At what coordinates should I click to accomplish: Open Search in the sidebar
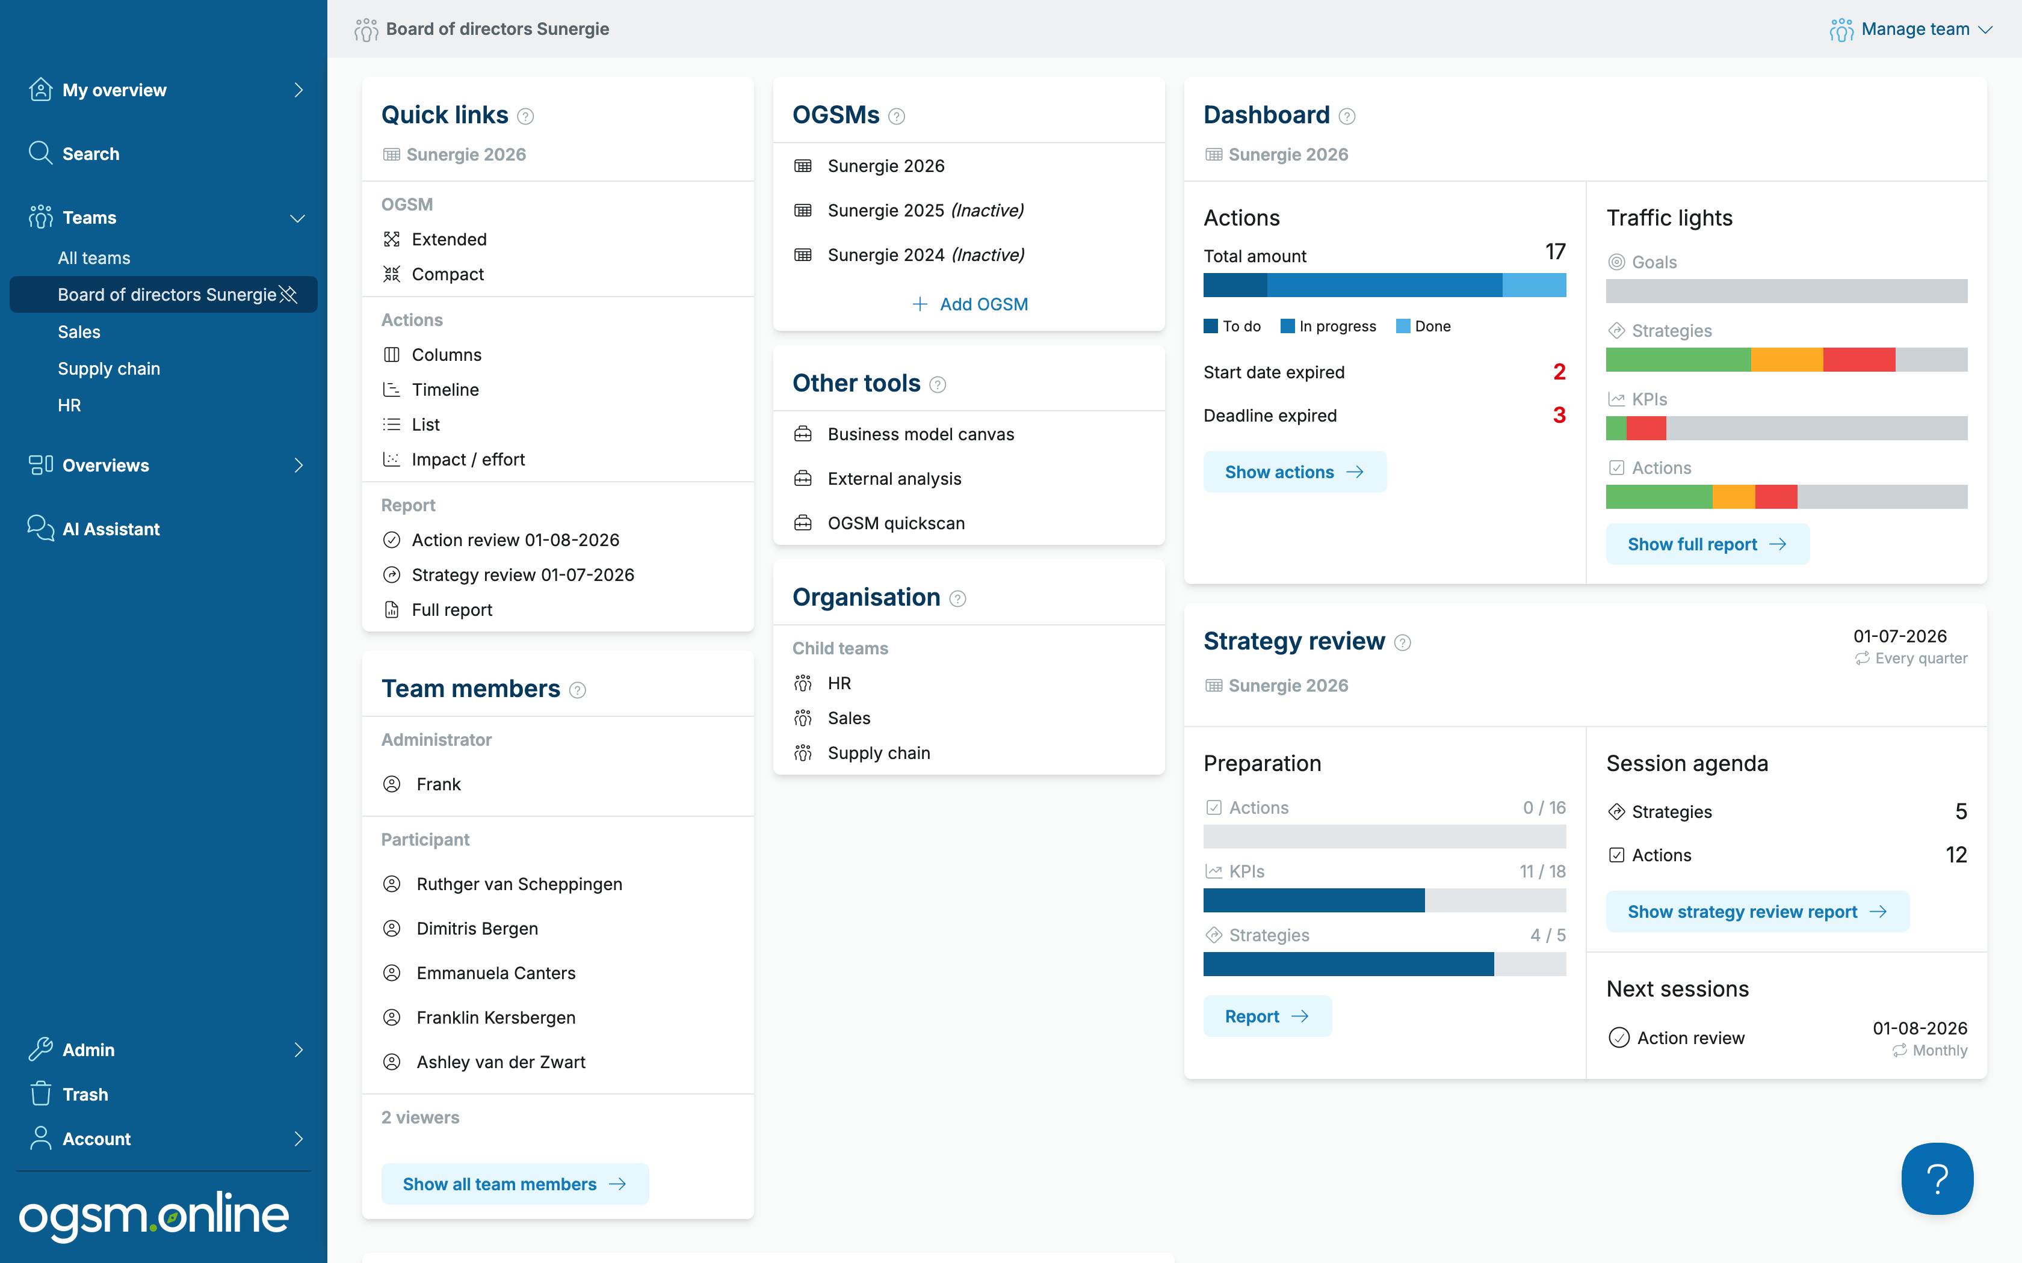90,154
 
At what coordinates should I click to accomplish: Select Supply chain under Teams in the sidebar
108,368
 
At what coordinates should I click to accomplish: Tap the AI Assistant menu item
110,529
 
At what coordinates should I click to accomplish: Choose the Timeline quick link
445,389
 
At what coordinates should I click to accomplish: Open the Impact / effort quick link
468,459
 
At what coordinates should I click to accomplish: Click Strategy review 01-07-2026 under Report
522,575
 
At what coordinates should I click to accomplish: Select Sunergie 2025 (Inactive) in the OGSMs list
925,210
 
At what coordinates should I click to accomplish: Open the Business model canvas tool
920,434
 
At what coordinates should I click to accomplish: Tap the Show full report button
1707,544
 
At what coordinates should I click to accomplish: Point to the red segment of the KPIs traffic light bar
1646,428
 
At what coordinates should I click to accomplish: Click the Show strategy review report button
1757,911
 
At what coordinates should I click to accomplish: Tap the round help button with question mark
1937,1179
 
